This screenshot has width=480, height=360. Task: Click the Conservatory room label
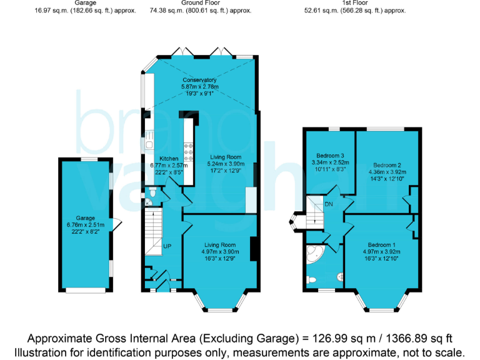[199, 80]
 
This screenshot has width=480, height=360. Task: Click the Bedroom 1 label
[381, 244]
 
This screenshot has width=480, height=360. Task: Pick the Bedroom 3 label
[329, 155]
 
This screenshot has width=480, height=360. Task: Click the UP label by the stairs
[167, 246]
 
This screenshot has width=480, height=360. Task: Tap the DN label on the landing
[328, 204]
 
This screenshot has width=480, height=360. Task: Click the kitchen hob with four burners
[187, 152]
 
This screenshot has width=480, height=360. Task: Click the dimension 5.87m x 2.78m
[199, 87]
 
